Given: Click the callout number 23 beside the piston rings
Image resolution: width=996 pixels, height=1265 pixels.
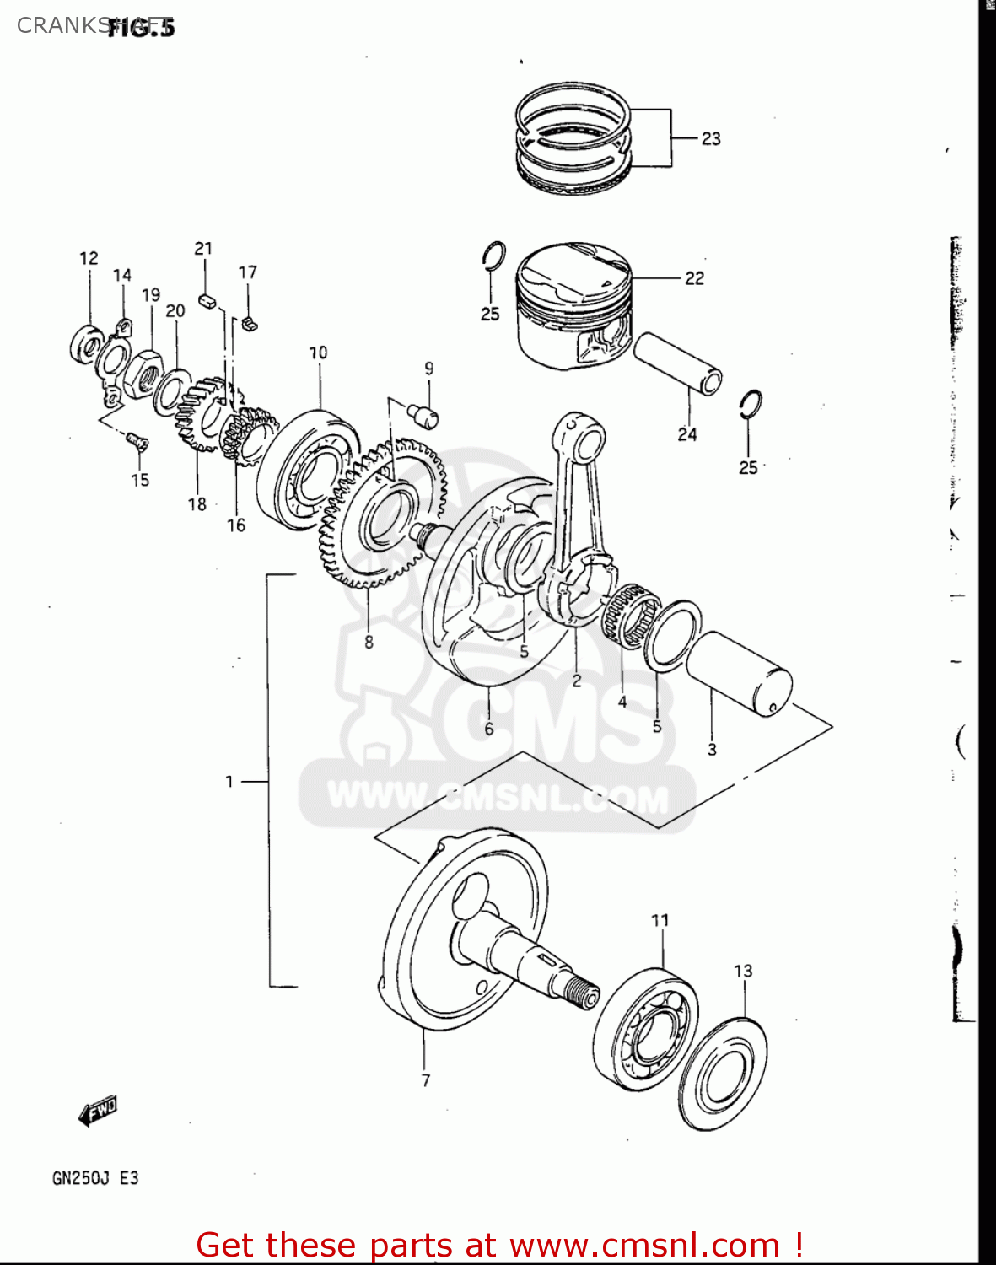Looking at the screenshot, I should click(711, 138).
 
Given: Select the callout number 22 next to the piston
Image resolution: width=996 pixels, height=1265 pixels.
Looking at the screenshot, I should click(694, 278).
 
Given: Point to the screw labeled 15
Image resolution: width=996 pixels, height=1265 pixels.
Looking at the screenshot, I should click(137, 441).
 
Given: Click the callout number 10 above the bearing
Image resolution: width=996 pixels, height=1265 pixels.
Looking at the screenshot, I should click(318, 353).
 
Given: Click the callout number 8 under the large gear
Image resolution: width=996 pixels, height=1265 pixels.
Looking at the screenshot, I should click(369, 642).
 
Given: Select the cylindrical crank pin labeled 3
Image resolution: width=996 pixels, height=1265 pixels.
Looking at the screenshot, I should click(740, 672).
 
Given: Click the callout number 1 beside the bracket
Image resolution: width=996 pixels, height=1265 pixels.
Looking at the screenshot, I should click(229, 782).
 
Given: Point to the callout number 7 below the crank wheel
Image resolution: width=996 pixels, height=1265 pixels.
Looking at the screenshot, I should click(426, 1080).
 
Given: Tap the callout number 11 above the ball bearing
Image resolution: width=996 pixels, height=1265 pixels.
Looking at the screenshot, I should click(660, 920).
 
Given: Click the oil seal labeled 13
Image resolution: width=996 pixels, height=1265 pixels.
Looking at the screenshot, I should click(723, 1075).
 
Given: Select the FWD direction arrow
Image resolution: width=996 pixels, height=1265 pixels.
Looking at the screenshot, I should click(98, 1112).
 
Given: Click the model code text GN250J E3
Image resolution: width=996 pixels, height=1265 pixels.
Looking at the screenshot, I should click(95, 1178).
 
